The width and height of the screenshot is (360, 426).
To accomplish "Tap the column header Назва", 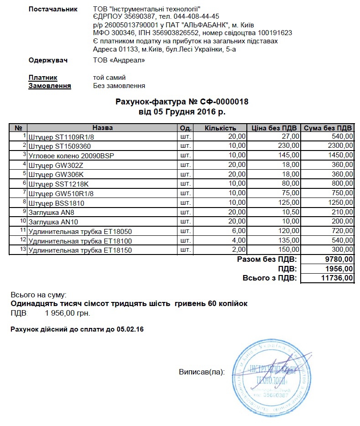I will click(102, 128).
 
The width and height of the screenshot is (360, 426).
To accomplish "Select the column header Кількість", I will click(220, 128).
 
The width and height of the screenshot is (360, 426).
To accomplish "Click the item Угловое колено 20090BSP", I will click(71, 156).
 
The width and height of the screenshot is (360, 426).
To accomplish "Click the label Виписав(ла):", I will click(202, 373).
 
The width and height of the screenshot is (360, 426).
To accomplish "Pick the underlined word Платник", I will click(43, 78).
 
